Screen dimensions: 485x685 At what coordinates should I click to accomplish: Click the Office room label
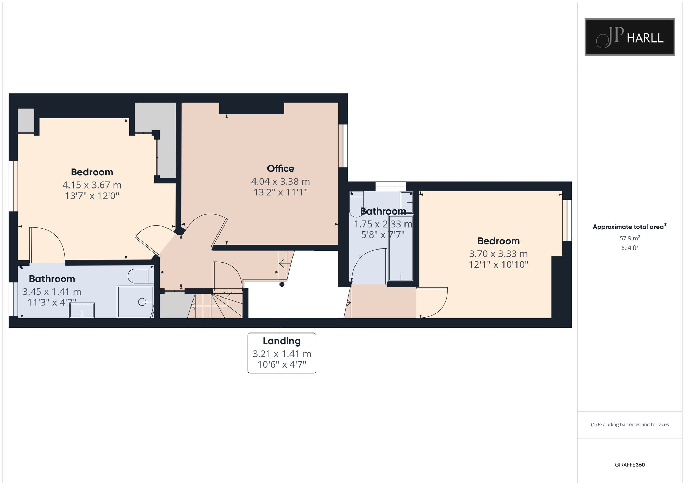coord(280,168)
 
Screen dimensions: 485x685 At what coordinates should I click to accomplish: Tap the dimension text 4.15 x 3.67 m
coord(92,185)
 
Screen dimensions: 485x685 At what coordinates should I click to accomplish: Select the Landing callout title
coord(282,341)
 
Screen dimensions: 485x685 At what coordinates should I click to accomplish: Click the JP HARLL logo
coord(630,37)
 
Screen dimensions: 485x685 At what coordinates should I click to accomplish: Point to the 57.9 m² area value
coord(630,238)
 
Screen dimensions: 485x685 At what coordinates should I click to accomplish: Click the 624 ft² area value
coord(630,247)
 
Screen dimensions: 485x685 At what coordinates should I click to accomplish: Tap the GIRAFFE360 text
coord(630,465)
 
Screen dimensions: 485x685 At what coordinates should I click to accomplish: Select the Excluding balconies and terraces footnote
coord(630,424)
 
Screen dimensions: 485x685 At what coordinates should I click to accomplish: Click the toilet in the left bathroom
coord(140,276)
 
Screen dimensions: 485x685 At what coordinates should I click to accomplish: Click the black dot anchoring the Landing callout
coord(282,284)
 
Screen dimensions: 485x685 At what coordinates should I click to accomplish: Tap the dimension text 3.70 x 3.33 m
coord(498,254)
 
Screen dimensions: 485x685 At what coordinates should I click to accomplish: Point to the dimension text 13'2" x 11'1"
coord(280,192)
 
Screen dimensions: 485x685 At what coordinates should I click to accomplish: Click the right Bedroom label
coord(498,241)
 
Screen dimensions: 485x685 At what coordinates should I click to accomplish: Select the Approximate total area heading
coord(630,227)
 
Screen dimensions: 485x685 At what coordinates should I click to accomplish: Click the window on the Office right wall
coord(343,146)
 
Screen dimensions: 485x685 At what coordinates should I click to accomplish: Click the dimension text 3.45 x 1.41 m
coord(52,292)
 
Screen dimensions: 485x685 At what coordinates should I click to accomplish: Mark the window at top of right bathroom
coord(390,186)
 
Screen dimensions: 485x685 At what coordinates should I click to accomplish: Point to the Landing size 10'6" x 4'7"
coord(282,364)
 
